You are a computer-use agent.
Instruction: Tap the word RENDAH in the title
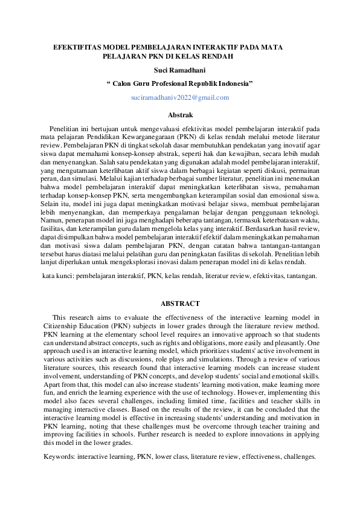tap(216, 56)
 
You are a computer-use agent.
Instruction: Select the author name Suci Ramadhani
tap(179, 70)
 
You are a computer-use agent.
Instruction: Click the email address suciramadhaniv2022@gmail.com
tap(180, 97)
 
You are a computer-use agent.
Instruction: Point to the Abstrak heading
tap(180, 114)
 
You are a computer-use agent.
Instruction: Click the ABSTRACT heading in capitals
tap(180, 303)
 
